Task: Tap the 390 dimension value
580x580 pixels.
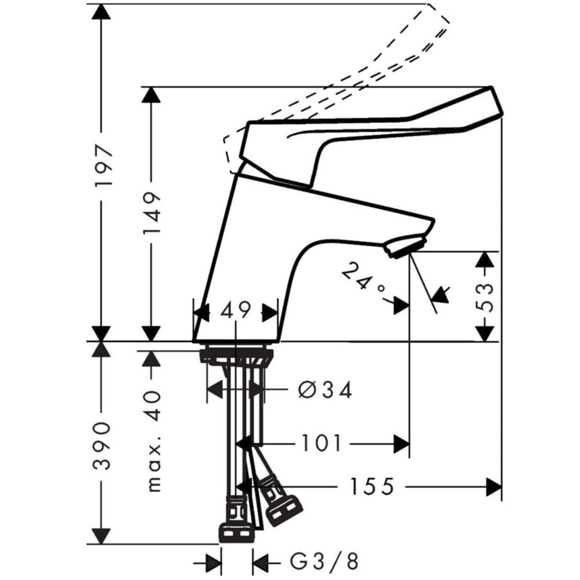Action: pos(102,446)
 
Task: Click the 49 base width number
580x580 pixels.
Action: pos(236,310)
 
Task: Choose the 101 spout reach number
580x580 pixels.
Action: pos(322,443)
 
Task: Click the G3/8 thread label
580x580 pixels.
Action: pos(324,561)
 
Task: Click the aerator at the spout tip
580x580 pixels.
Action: pos(405,245)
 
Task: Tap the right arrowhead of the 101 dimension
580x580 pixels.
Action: pos(402,443)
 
